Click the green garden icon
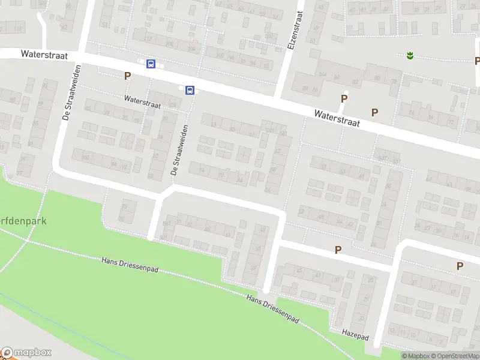coord(410,56)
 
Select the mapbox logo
coord(26,353)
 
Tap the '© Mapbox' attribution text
coord(416,356)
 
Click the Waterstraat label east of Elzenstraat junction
coord(337,118)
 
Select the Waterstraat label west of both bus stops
coord(44,55)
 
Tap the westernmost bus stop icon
coord(151,64)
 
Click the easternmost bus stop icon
coord(190,91)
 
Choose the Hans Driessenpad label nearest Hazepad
coord(273,306)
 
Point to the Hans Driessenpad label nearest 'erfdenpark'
coord(130,265)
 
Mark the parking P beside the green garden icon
coord(477,61)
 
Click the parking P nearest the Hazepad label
coord(338,250)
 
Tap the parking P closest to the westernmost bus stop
coord(127,76)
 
